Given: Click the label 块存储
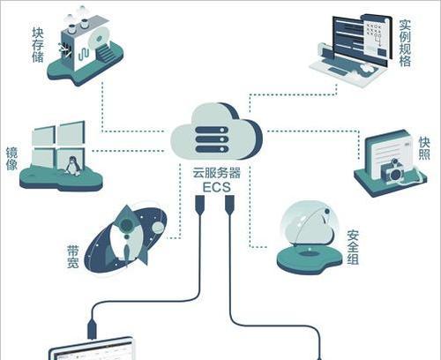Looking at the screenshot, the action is (x=38, y=45).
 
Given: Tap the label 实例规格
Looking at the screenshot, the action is (x=405, y=43).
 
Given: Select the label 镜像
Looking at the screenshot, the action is (x=11, y=159).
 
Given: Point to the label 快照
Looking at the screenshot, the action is (x=424, y=148).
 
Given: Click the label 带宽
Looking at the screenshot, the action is (x=73, y=257).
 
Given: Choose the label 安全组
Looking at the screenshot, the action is (x=353, y=247).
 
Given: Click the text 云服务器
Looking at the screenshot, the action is (x=217, y=173).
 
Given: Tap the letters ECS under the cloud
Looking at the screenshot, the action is (x=217, y=187).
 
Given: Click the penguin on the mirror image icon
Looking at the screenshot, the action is (x=71, y=166).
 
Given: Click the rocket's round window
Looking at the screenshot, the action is (x=126, y=226).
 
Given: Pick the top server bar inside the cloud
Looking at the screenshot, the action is (x=212, y=130).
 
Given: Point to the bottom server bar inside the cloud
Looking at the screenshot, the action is (x=212, y=149).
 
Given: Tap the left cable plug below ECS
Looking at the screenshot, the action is (x=200, y=205).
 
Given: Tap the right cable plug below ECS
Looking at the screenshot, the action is (x=229, y=205).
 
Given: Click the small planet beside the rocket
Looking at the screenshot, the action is (x=158, y=227).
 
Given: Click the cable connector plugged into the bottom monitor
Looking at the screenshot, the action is (x=92, y=329).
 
